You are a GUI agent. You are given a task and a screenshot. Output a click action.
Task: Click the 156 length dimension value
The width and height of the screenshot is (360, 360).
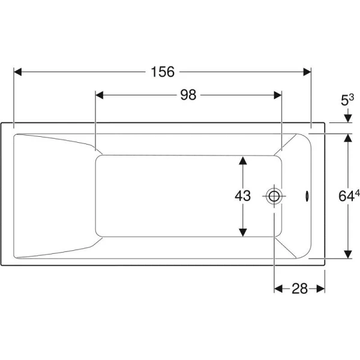pyautogui.click(x=163, y=71)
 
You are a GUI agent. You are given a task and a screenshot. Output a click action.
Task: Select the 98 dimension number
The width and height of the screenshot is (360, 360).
pyautogui.click(x=188, y=95)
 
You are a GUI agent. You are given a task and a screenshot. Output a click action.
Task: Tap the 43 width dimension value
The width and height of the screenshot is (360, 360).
pyautogui.click(x=242, y=196)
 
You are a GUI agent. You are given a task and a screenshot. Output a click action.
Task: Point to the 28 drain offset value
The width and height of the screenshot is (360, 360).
pyautogui.click(x=299, y=289)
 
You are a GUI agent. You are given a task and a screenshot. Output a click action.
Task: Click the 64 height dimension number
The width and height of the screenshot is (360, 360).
pyautogui.click(x=346, y=196)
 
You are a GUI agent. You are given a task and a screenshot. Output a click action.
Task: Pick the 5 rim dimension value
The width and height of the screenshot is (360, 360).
pyautogui.click(x=344, y=101)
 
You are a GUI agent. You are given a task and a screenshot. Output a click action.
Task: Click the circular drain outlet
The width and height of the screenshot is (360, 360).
pyautogui.click(x=274, y=196)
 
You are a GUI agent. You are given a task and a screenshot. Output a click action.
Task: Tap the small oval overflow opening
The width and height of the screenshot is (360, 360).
pyautogui.click(x=307, y=197)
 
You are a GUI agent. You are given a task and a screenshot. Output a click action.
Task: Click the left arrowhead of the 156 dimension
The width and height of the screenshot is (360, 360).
pyautogui.click(x=17, y=72)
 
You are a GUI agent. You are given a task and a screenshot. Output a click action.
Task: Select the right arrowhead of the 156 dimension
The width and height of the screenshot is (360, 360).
pyautogui.click(x=307, y=72)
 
